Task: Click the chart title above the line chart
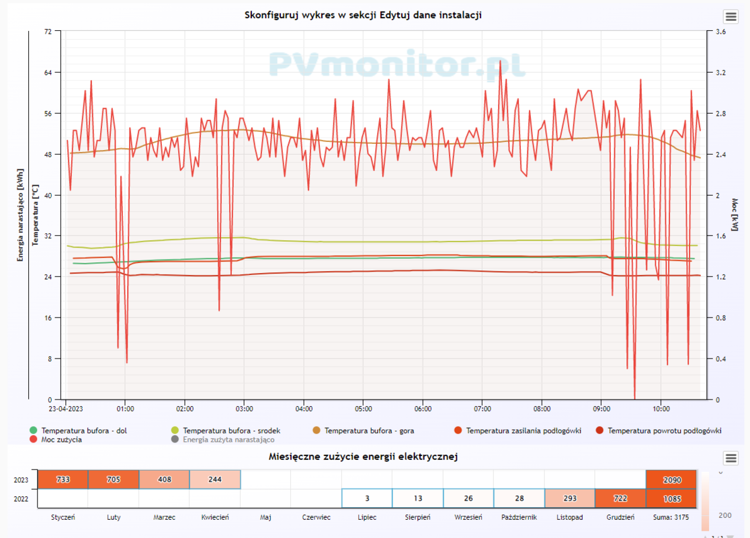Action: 363,15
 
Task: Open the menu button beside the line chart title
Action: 731,17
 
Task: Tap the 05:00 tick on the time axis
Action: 364,408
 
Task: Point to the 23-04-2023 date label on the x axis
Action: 66,408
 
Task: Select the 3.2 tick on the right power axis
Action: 720,73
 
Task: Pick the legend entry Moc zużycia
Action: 62,440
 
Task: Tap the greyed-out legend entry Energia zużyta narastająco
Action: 228,440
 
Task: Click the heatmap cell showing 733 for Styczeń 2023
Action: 63,479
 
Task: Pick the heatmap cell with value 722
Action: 620,498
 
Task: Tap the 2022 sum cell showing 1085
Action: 671,498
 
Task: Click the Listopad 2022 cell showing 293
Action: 570,498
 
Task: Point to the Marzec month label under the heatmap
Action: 164,517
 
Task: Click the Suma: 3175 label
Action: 671,517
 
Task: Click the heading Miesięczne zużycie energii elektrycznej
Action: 363,457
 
